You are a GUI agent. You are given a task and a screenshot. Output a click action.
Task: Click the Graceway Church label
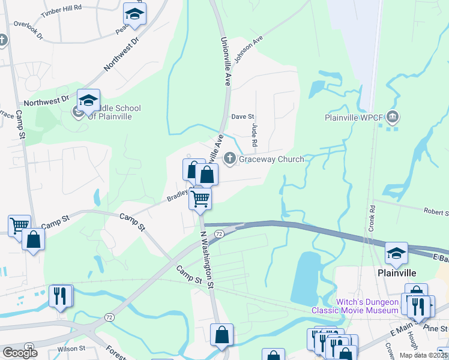[x=271, y=159]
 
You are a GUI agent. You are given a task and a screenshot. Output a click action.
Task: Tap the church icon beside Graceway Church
[x=229, y=158]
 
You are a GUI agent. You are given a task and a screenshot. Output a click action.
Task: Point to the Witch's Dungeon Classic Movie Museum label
[x=352, y=305]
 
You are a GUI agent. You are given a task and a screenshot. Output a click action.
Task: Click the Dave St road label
[x=243, y=116]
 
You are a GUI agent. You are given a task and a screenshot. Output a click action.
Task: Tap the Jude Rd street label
[x=254, y=135]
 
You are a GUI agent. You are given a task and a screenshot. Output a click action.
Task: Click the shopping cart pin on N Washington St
[x=200, y=198]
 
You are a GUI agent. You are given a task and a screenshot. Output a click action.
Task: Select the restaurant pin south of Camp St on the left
[x=61, y=296]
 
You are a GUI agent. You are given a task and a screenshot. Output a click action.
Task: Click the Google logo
[x=20, y=353]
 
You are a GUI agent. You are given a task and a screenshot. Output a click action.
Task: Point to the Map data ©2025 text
[x=423, y=355]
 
